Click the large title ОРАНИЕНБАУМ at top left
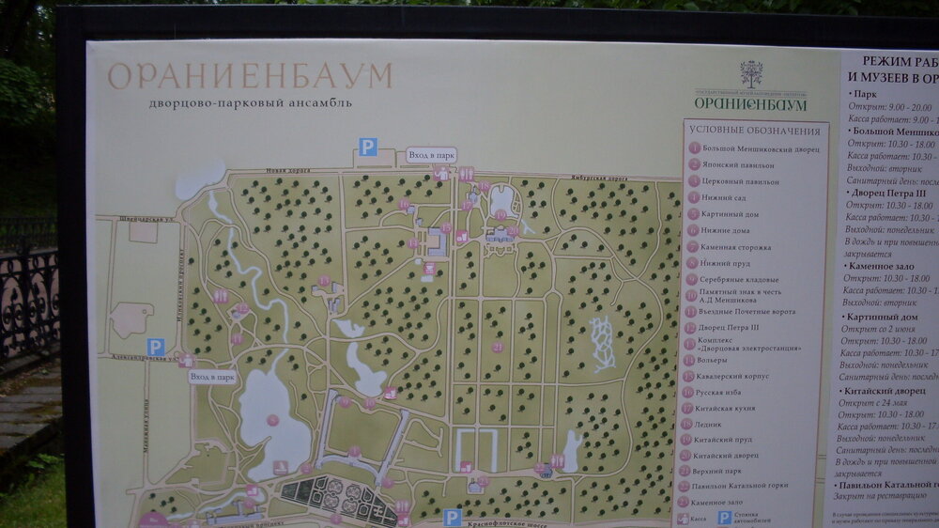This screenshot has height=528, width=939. point(250,76)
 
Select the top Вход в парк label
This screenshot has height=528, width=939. point(432,154)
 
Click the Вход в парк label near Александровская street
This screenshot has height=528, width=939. point(212,377)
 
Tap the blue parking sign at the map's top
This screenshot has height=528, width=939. point(368,147)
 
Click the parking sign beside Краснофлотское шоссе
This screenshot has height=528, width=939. point(452,517)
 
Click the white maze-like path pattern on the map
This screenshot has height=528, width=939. point(602,342)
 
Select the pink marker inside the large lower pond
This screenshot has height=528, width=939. point(272,420)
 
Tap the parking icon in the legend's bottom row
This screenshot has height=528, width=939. point(724,518)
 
